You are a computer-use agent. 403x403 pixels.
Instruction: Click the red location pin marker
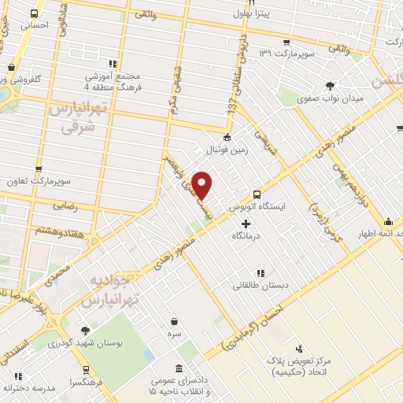[202, 184]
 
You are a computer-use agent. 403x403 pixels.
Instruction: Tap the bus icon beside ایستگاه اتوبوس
[257, 194]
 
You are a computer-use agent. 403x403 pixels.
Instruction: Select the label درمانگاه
[246, 235]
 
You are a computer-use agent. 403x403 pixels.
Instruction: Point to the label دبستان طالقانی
[253, 285]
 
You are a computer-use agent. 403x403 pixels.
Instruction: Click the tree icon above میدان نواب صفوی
[331, 86]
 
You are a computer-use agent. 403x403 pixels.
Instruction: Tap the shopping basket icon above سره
[173, 320]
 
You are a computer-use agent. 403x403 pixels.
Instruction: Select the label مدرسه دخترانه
[28, 388]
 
